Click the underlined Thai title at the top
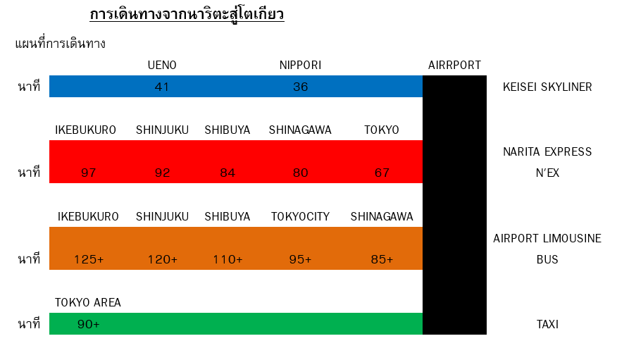(187, 15)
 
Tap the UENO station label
(162, 65)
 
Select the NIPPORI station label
(300, 65)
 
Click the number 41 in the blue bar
(162, 87)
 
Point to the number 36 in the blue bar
(300, 87)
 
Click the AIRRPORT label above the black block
(454, 65)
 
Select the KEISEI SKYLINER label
(547, 87)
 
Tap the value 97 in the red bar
(89, 173)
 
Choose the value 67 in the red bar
(382, 173)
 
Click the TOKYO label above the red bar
(382, 130)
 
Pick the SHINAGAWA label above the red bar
(300, 130)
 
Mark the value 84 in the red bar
(228, 173)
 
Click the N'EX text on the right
(547, 173)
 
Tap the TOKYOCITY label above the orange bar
(300, 216)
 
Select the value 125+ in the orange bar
(89, 259)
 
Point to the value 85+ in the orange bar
(382, 259)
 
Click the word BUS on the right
(547, 259)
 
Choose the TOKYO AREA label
(88, 302)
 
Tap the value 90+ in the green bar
(89, 324)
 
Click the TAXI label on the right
(547, 324)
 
